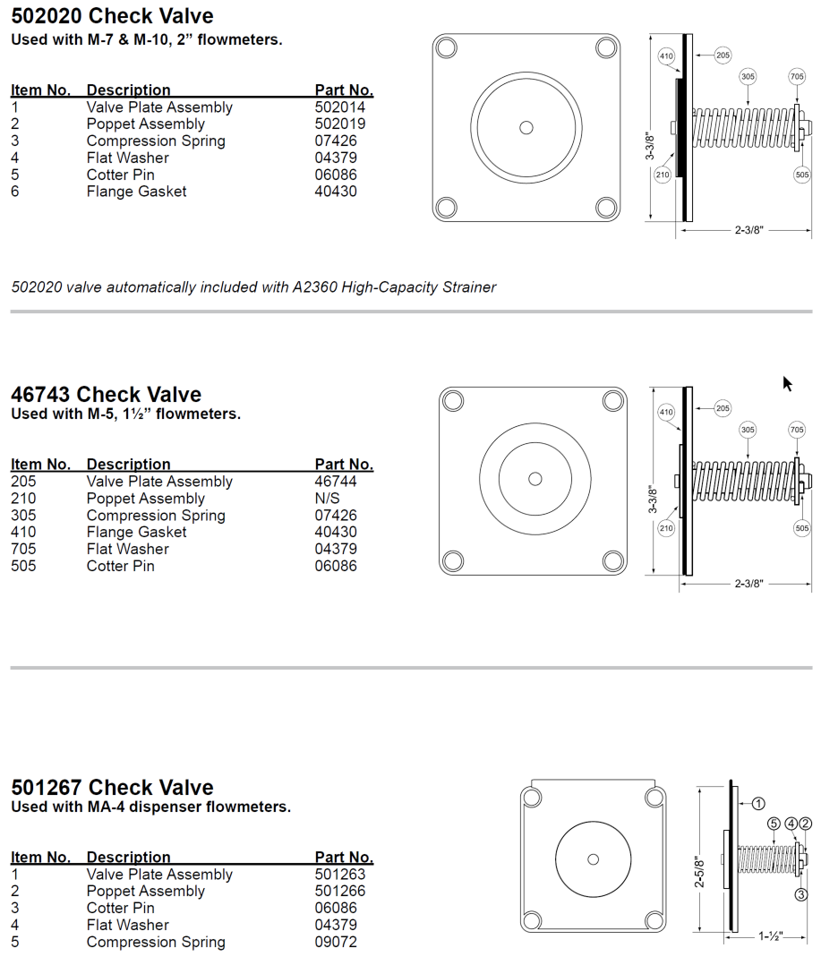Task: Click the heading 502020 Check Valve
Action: pyautogui.click(x=112, y=16)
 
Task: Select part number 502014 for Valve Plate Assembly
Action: pyautogui.click(x=340, y=107)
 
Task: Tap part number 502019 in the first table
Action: pyautogui.click(x=340, y=124)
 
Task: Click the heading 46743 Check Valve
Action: pyautogui.click(x=106, y=395)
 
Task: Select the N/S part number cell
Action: pyautogui.click(x=328, y=499)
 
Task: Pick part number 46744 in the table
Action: pyautogui.click(x=336, y=482)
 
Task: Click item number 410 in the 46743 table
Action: pyautogui.click(x=23, y=533)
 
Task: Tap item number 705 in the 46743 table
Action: pyautogui.click(x=23, y=550)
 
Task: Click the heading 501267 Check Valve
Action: pyautogui.click(x=112, y=788)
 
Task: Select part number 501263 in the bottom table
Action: pyautogui.click(x=340, y=875)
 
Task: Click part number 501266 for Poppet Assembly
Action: pyautogui.click(x=340, y=892)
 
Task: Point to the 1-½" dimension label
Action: pyautogui.click(x=770, y=936)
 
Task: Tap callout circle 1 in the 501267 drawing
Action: pyautogui.click(x=757, y=804)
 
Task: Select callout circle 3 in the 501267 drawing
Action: pyautogui.click(x=801, y=893)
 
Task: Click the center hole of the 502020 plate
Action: pyautogui.click(x=526, y=127)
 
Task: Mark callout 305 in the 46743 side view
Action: pyautogui.click(x=748, y=431)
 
